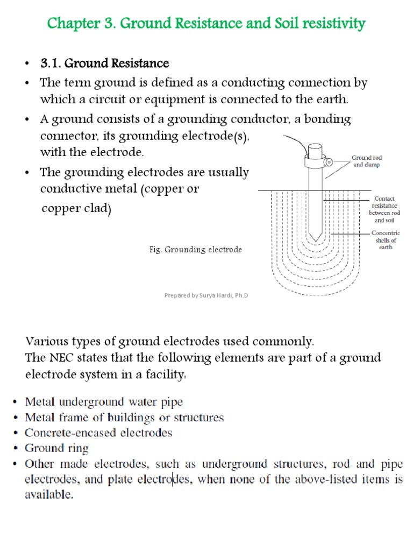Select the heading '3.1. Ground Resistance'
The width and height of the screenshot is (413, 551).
104,63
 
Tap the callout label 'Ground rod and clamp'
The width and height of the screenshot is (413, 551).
366,161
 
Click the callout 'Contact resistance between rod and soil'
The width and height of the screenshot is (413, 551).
384,209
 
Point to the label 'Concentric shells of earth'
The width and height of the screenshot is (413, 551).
385,240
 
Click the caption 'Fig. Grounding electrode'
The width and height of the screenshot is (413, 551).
196,250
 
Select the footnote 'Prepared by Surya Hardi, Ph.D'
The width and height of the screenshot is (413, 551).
208,295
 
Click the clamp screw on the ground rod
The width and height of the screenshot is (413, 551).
329,160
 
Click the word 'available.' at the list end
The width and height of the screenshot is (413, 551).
49,495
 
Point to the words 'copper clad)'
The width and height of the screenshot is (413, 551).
76,209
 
